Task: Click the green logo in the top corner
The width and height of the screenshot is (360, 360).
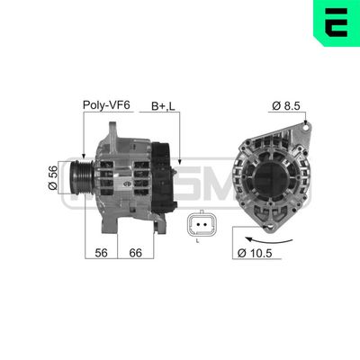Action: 337,22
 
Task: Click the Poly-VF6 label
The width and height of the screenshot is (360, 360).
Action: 106,104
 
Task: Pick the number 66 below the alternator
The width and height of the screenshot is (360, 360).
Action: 136,254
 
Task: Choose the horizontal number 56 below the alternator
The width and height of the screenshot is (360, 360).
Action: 101,254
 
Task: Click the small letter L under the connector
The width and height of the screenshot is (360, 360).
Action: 197,242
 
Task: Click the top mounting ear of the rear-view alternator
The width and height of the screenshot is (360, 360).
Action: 305,129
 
